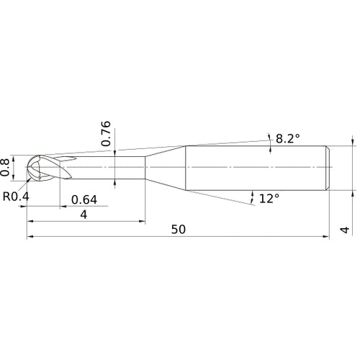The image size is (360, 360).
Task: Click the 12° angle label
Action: pyautogui.click(x=269, y=197)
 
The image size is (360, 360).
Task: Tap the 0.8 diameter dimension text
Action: pyautogui.click(x=6, y=167)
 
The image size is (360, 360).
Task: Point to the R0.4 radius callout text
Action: pyautogui.click(x=15, y=195)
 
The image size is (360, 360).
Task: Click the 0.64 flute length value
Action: pyautogui.click(x=84, y=199)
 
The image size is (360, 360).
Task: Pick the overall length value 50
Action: pyautogui.click(x=179, y=230)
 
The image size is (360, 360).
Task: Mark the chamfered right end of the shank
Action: pyautogui.click(x=328, y=167)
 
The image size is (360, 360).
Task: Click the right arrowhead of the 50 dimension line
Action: pyautogui.click(x=328, y=237)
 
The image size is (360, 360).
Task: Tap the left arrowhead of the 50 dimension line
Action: pyautogui.click(x=30, y=237)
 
